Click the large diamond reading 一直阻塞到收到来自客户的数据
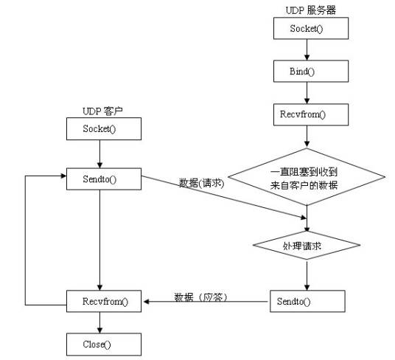[307, 178]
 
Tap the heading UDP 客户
[102, 110]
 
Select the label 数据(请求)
[200, 183]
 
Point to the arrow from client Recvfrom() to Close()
[102, 322]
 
